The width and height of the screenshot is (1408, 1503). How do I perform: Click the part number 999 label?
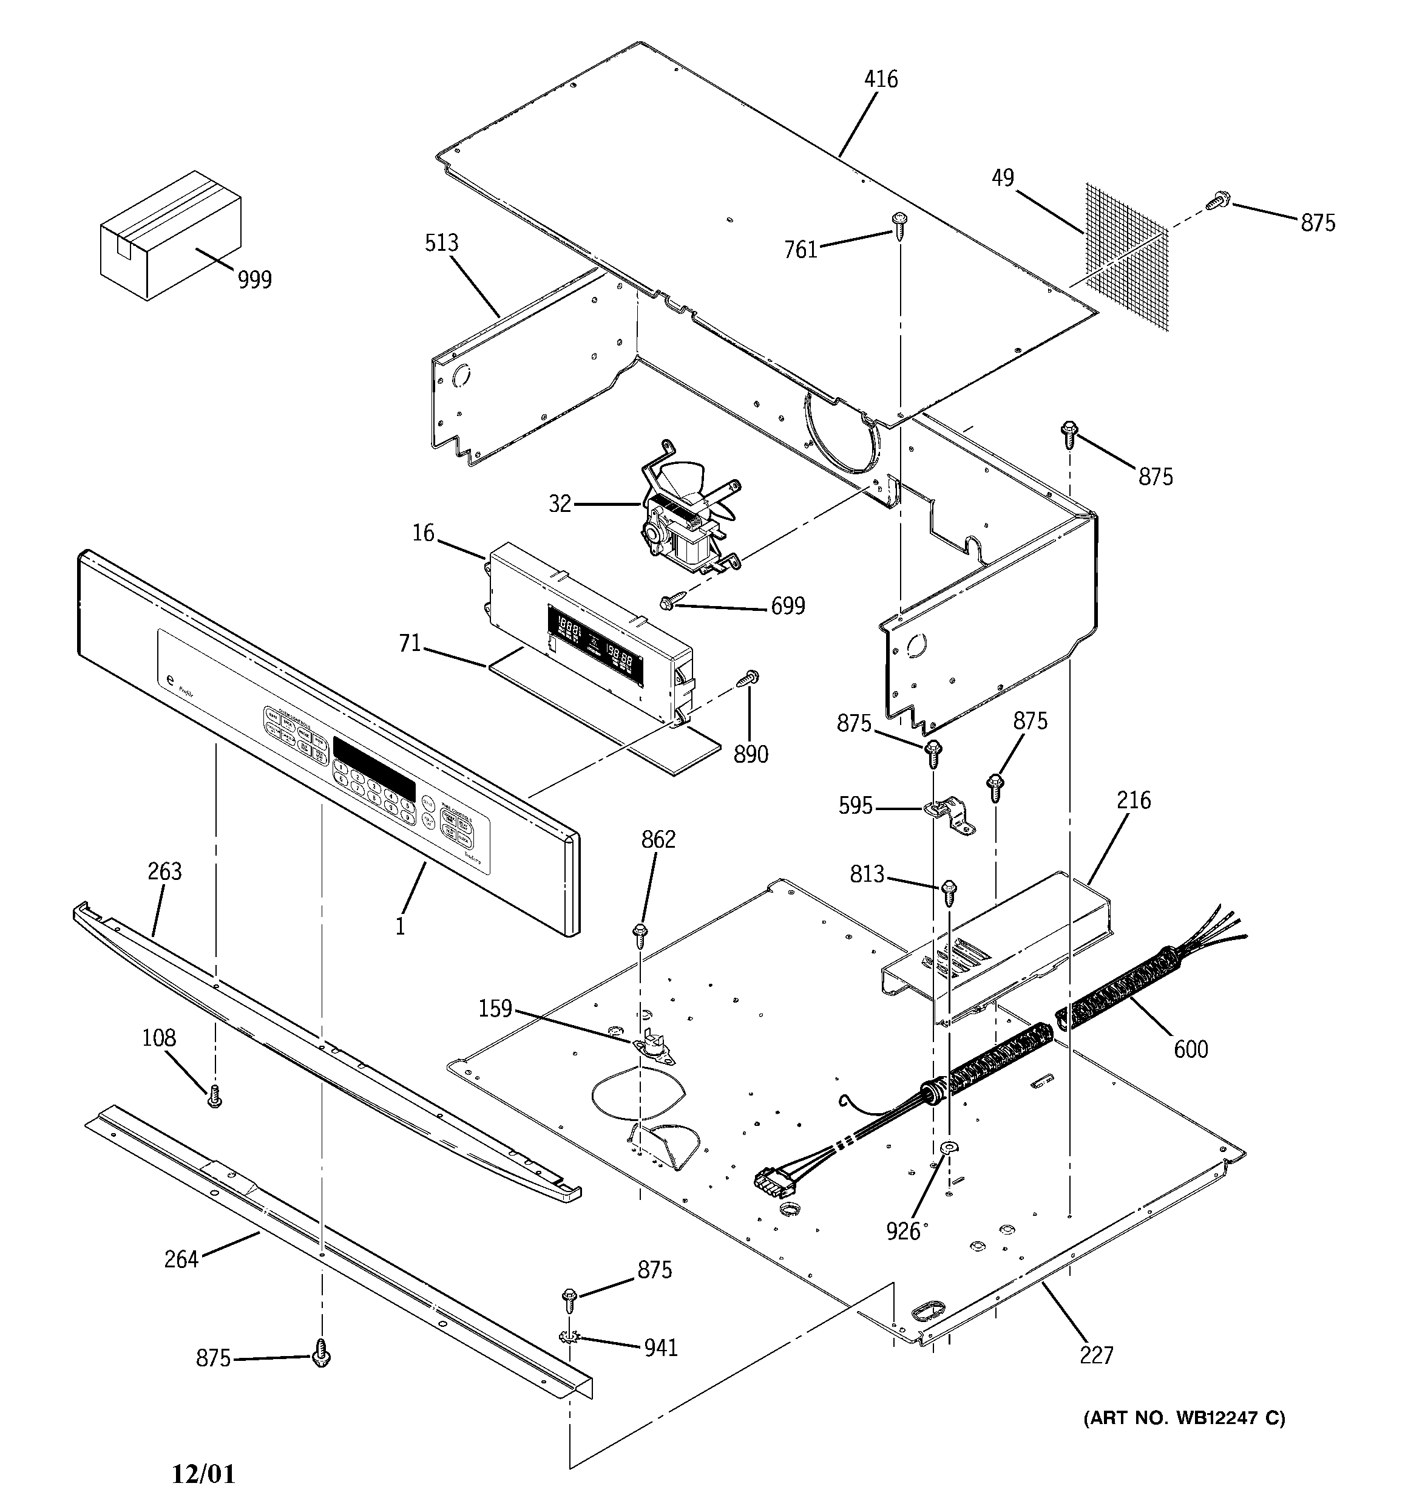(255, 281)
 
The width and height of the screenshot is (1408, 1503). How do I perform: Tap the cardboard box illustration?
(171, 235)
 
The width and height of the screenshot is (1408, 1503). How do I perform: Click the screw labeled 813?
(949, 892)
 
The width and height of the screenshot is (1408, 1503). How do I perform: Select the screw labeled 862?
(640, 935)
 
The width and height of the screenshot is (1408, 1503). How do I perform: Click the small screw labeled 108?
(214, 1096)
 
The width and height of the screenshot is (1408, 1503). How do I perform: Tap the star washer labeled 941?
(569, 1339)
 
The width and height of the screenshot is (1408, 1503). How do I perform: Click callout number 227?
(1096, 1355)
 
